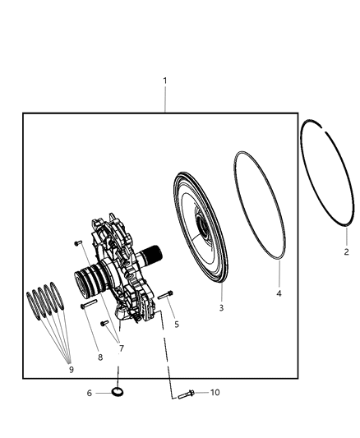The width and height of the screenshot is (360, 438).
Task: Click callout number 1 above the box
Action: click(165, 81)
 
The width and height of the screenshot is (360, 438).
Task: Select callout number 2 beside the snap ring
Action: click(346, 252)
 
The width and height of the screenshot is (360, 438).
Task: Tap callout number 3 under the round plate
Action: click(220, 307)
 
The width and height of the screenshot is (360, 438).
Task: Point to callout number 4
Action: click(278, 293)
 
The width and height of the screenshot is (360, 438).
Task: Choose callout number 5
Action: click(176, 325)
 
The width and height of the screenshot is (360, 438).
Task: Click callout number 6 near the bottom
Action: click(89, 393)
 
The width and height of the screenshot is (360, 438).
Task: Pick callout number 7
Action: click(122, 348)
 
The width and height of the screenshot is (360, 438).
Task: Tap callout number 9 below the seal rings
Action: click(71, 369)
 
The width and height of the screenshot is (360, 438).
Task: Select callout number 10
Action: click(215, 393)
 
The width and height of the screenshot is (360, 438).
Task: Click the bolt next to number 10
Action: click(184, 394)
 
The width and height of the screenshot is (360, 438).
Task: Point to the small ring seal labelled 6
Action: click(118, 393)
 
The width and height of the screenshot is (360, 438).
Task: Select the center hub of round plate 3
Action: click(201, 222)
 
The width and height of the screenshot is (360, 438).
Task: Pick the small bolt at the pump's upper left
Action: click(76, 243)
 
